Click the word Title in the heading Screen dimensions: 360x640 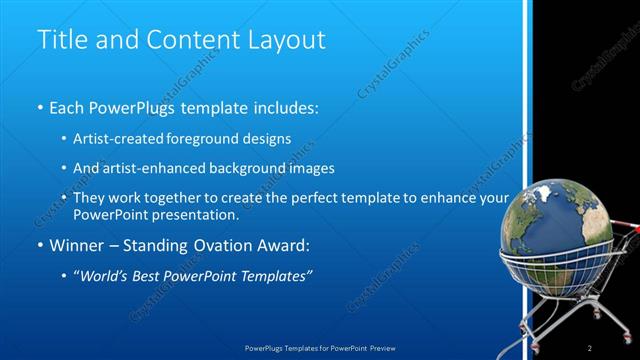[x=61, y=40]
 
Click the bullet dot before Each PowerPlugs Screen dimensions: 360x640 [x=40, y=106]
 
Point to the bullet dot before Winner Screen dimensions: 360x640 [x=40, y=244]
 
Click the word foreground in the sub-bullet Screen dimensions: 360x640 [x=223, y=138]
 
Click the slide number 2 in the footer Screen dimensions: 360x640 [x=590, y=347]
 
